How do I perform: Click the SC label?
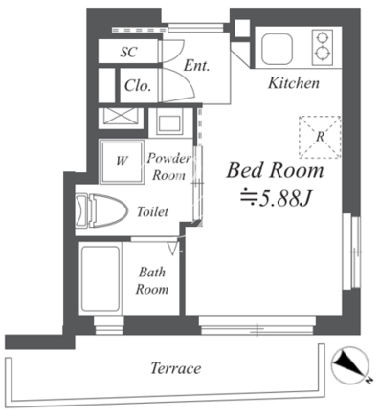128,52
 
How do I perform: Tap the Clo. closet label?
138,85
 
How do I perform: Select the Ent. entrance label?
196,66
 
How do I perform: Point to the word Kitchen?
294,83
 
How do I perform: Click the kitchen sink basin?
277,49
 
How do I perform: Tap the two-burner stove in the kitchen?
323,47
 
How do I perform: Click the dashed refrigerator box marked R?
320,137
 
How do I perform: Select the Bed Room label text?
275,170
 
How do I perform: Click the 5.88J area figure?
276,199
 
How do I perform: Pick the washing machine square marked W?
122,162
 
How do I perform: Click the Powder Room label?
168,166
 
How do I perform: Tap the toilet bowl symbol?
101,210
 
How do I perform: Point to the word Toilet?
152,211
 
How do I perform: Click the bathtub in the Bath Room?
101,278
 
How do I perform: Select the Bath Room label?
152,280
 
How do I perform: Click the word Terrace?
175,368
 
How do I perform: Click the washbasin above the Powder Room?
169,122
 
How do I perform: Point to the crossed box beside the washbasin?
121,118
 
